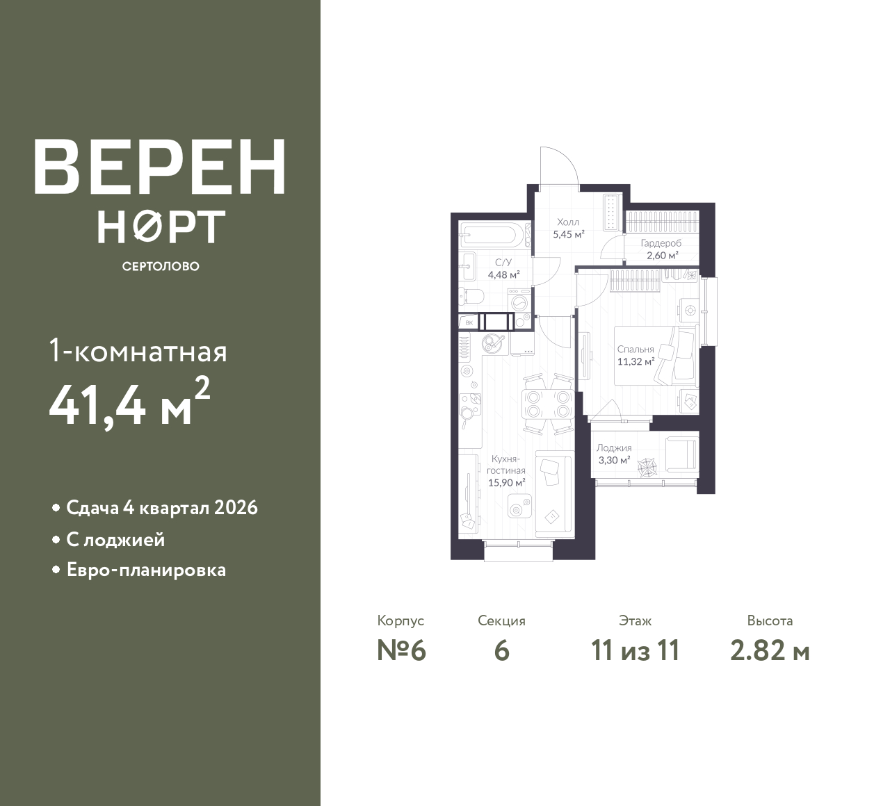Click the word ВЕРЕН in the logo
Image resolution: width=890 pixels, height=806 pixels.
pos(160,167)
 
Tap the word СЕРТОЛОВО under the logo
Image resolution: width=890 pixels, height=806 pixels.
pos(161,266)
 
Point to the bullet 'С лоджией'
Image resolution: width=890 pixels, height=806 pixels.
pos(115,540)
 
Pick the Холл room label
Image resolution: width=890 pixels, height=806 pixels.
pos(568,222)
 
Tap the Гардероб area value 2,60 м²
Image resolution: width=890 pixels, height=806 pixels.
pos(663,256)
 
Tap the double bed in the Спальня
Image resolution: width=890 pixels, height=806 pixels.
pos(654,356)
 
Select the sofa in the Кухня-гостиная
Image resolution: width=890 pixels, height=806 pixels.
pos(554,495)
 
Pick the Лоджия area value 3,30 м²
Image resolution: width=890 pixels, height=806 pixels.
pos(614,460)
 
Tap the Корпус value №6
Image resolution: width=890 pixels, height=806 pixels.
pos(401,651)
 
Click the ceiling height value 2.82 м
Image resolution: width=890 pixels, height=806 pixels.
pos(770,651)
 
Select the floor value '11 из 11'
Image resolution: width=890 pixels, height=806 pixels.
pos(635,651)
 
